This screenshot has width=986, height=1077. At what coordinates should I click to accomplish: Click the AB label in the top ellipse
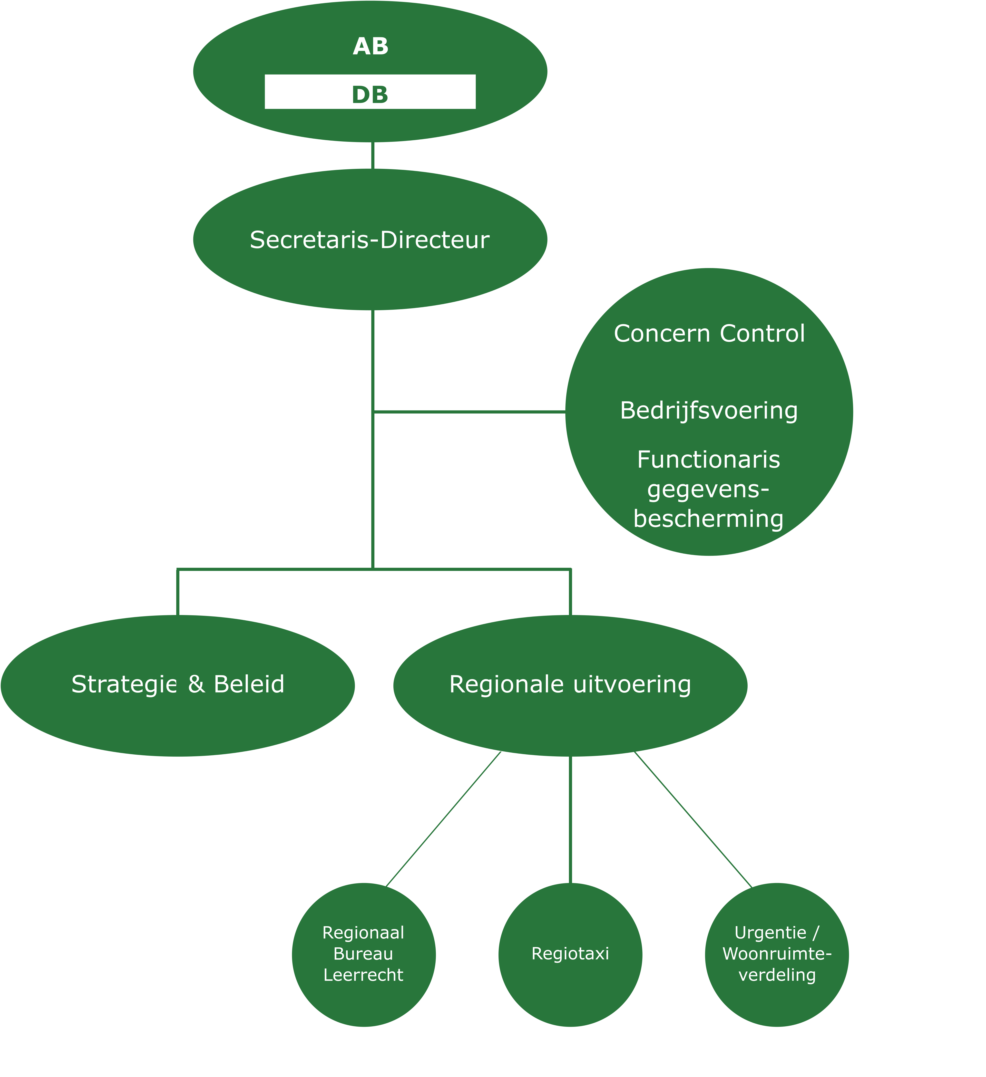tap(370, 47)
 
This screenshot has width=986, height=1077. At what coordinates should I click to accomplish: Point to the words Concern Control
tap(709, 333)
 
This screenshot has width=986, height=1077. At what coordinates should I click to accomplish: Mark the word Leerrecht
tap(363, 975)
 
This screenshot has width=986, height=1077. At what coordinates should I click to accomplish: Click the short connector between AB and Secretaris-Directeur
tap(372, 155)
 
